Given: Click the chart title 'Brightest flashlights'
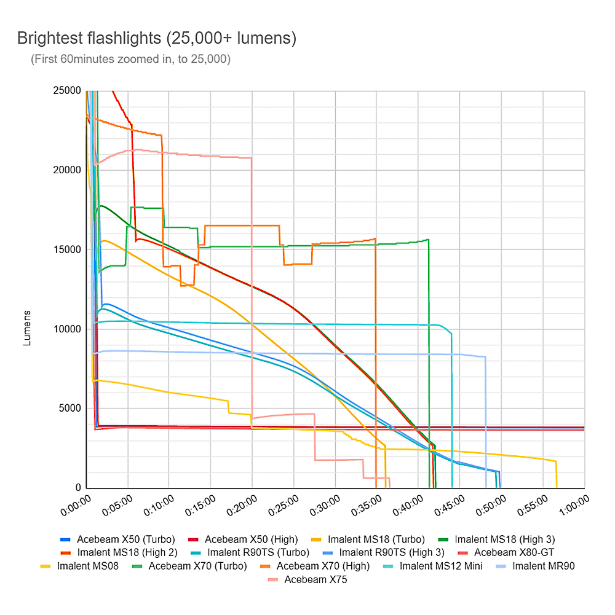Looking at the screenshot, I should [x=157, y=39].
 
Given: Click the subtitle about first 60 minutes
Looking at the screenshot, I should [x=130, y=60].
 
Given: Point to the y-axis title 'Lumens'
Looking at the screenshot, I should [x=27, y=329].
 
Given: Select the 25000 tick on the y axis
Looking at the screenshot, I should [x=68, y=91].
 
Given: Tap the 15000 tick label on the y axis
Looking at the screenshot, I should [x=68, y=250].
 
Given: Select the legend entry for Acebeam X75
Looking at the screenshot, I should [x=315, y=579].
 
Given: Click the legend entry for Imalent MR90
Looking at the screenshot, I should [x=543, y=566].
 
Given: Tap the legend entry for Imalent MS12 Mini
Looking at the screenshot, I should [x=441, y=566].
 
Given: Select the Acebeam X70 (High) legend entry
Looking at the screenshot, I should [x=323, y=566].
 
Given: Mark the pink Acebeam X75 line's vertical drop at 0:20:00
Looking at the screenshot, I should [x=252, y=289].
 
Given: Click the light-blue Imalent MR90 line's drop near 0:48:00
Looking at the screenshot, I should [x=486, y=424].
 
